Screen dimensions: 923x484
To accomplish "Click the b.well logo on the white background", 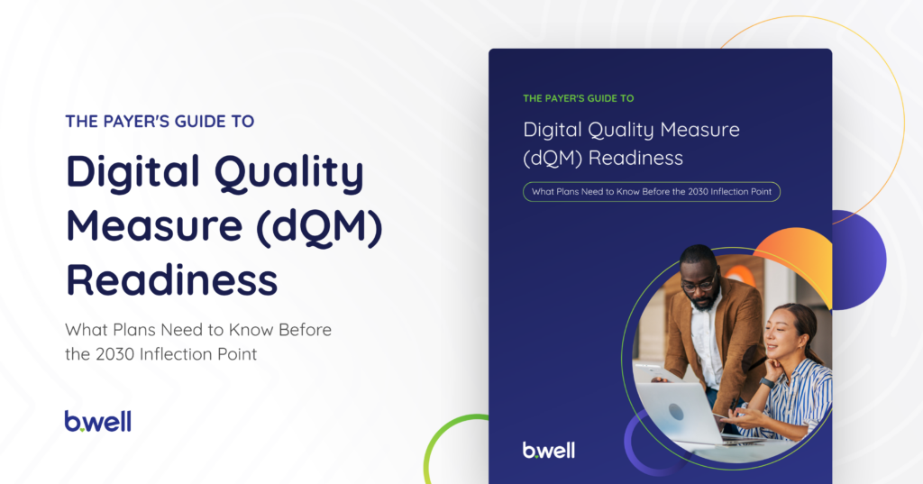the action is pos(97,421).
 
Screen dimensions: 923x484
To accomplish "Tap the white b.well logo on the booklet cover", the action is pos(549,450).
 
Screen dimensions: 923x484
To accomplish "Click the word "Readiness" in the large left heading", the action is pos(171,279).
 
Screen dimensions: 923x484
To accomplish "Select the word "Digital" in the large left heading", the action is pos(133,171).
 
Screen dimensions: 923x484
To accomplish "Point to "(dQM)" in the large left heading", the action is pos(319,226).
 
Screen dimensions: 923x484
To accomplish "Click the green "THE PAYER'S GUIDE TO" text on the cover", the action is pos(578,98).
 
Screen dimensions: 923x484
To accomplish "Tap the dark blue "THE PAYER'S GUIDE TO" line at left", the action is pos(160,122).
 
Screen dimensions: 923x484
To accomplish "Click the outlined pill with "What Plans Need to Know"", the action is pos(652,191).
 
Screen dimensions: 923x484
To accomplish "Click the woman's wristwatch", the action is pos(766,383).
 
